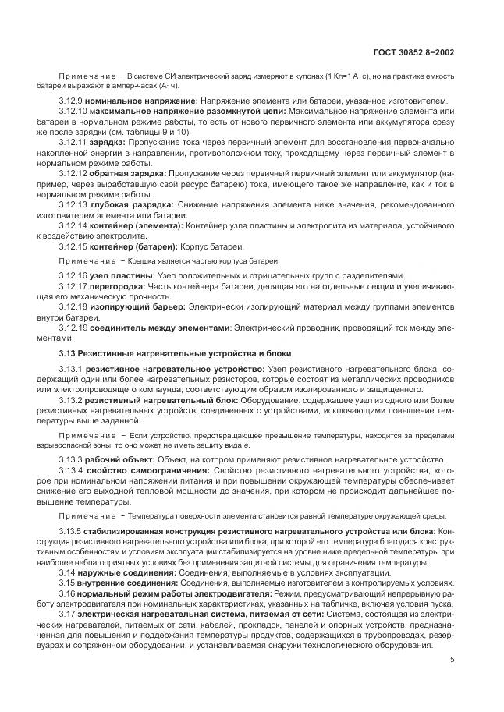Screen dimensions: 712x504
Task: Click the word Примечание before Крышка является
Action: (86, 260)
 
